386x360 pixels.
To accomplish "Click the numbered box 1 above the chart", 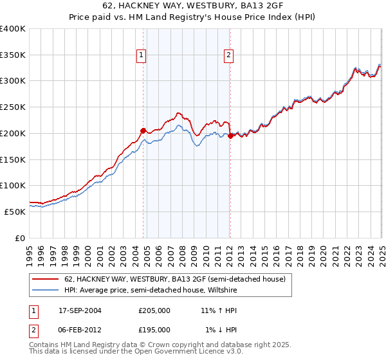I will (141, 56).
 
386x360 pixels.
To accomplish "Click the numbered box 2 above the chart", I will (228, 56).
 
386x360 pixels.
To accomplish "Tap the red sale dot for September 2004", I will (143, 130).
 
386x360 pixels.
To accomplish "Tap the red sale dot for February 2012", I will (230, 135).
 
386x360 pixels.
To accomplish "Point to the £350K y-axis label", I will (13, 55).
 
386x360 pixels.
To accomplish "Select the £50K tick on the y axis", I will (15, 212).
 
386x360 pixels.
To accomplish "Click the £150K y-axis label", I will (13, 159).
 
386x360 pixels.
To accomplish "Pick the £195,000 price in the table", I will (154, 329).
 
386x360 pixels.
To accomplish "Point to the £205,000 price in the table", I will (154, 310).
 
